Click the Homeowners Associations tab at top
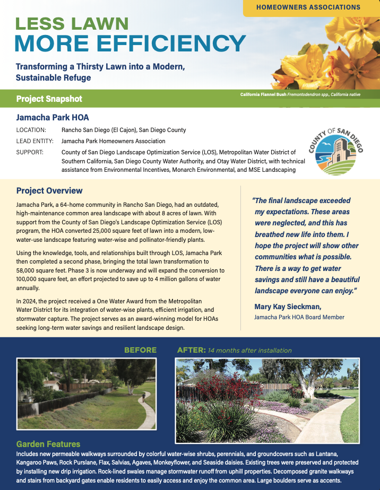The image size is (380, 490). (x=308, y=7)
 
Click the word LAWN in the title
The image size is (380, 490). (x=101, y=23)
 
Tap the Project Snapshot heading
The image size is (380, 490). (x=49, y=99)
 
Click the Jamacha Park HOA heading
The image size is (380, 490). (x=53, y=117)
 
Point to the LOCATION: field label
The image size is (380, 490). (x=31, y=130)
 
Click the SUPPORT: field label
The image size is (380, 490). (x=31, y=153)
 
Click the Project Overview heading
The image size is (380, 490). (x=49, y=191)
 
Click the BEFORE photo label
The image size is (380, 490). (x=140, y=350)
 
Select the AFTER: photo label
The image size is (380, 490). (x=191, y=350)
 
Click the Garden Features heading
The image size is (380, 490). (x=48, y=444)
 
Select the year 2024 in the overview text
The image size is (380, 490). (x=31, y=301)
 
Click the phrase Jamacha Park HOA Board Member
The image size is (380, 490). (x=299, y=317)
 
